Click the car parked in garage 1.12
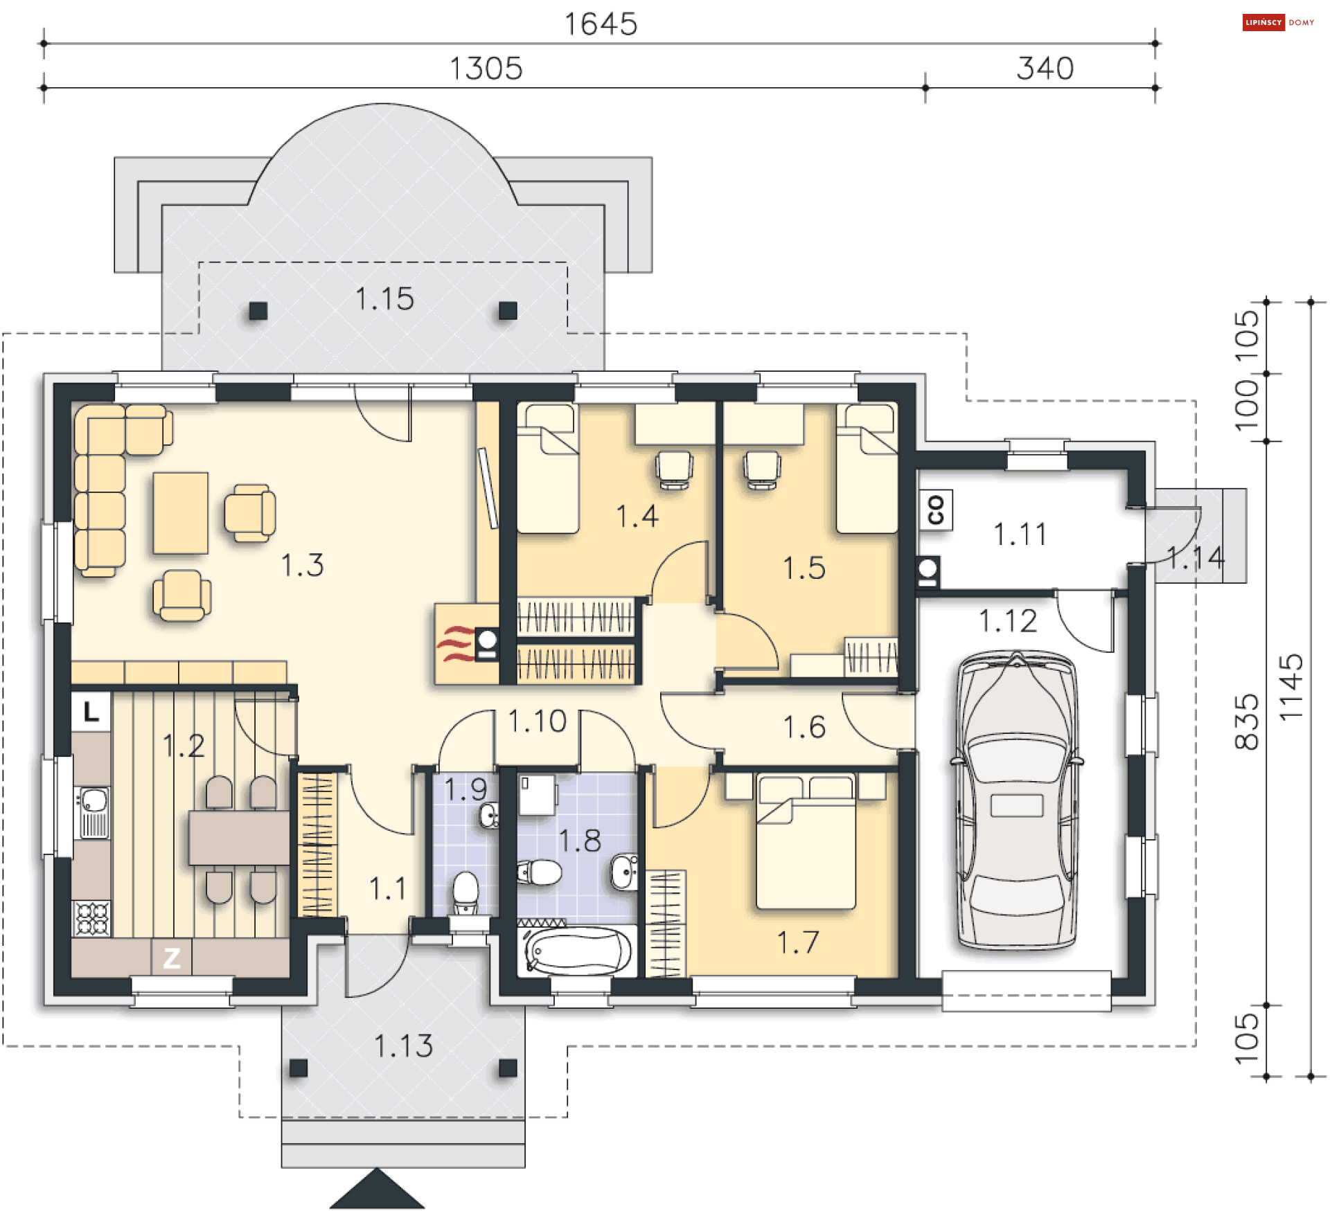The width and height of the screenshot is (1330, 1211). coord(1016,800)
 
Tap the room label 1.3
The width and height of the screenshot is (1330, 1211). coord(302,565)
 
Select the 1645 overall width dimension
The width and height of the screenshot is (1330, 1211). coord(601,24)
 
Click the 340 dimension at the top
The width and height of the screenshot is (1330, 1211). coord(1045,69)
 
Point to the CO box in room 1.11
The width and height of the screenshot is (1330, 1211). coord(935,510)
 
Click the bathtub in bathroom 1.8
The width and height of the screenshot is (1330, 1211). coord(578,951)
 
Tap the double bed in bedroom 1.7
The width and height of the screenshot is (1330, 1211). coord(806,841)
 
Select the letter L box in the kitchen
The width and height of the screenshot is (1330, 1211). coord(91,711)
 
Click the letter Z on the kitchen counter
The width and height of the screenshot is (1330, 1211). coord(172,958)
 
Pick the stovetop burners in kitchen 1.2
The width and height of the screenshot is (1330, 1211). coord(92,918)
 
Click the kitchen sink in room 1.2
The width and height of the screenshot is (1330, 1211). coord(93,813)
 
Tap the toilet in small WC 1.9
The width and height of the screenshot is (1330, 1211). coord(465,892)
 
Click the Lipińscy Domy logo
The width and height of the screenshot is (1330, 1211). coord(1279,22)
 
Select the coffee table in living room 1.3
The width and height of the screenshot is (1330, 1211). coord(181,513)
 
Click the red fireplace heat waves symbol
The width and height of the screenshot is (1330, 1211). coord(455,643)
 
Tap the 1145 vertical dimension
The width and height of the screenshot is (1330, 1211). coord(1291,688)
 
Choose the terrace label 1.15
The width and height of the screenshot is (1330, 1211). coord(384,299)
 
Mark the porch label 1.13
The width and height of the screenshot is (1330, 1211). coord(404,1046)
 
